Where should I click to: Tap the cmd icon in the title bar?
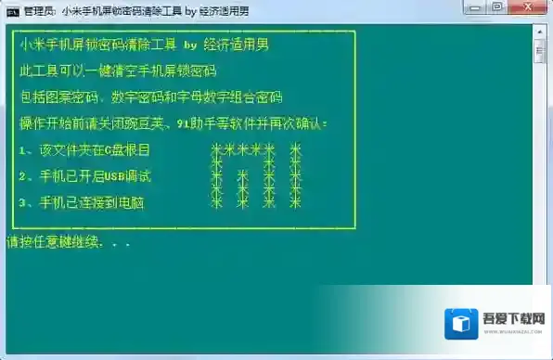10,10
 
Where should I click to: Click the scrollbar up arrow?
540,30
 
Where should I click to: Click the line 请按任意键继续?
69,243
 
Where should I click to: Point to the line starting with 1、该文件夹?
84,149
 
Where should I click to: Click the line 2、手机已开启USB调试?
84,175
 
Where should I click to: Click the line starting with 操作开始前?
173,122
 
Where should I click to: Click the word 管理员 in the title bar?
40,10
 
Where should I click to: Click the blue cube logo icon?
460,325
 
